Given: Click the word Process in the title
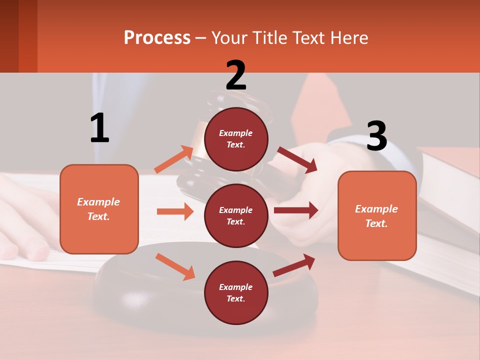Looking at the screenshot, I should pyautogui.click(x=157, y=38).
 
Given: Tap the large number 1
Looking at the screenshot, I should pyautogui.click(x=99, y=128).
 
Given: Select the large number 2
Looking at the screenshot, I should pyautogui.click(x=236, y=75).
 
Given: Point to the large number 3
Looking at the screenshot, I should pyautogui.click(x=376, y=136).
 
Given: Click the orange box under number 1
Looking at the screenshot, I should pyautogui.click(x=99, y=209).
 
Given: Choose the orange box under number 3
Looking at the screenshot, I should pyautogui.click(x=377, y=215).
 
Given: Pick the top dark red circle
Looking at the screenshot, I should pyautogui.click(x=236, y=139).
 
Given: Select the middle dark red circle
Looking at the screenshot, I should pyautogui.click(x=236, y=215).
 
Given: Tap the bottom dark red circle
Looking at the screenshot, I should pyautogui.click(x=236, y=292).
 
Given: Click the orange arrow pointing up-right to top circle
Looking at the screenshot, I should pyautogui.click(x=174, y=159).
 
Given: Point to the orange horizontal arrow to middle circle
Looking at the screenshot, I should pyautogui.click(x=175, y=211).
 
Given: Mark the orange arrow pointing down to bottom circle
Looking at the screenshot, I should pyautogui.click(x=175, y=266).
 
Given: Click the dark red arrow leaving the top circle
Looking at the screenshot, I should pyautogui.click(x=297, y=159).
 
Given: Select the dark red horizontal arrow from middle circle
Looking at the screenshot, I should pyautogui.click(x=295, y=210).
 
